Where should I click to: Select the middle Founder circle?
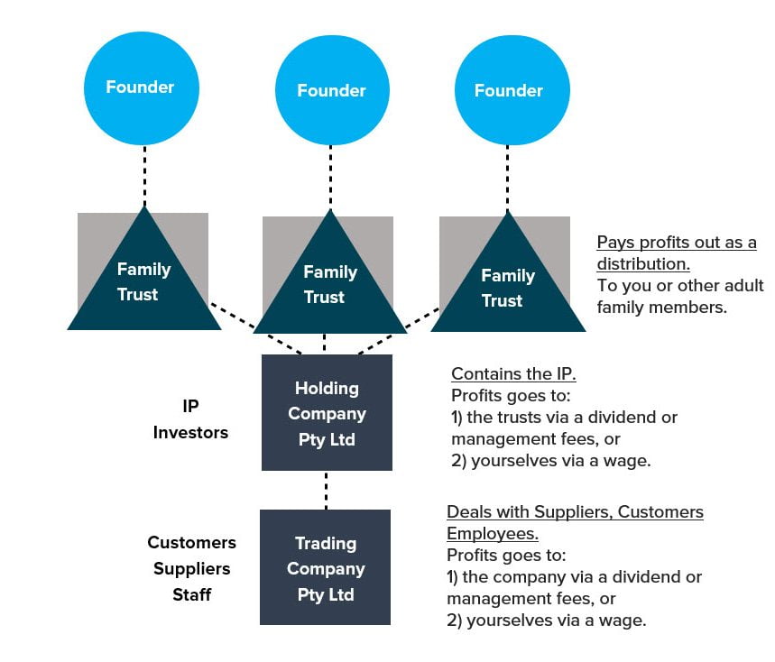(331, 91)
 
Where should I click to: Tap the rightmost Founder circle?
(509, 91)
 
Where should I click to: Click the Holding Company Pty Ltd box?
(327, 413)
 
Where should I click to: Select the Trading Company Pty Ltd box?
(325, 568)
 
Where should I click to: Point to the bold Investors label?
(190, 433)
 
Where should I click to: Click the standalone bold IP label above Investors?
(190, 407)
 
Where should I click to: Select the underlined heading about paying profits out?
(676, 253)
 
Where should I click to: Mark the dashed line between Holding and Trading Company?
(326, 490)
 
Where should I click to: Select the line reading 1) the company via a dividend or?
(574, 576)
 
